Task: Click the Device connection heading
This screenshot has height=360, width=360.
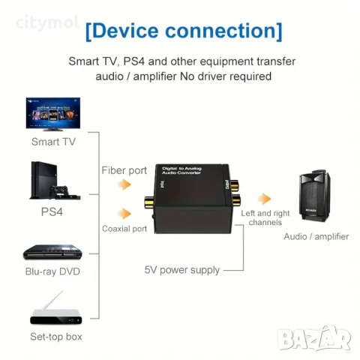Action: [x=184, y=31]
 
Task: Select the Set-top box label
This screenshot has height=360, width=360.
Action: [x=55, y=337]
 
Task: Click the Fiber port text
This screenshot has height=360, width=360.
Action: [x=124, y=170]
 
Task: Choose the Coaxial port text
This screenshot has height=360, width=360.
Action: [x=124, y=229]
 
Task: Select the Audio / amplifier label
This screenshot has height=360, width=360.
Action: [x=316, y=236]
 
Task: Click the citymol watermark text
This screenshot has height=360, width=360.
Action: [x=46, y=22]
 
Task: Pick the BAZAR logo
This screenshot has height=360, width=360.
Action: [x=314, y=339]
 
